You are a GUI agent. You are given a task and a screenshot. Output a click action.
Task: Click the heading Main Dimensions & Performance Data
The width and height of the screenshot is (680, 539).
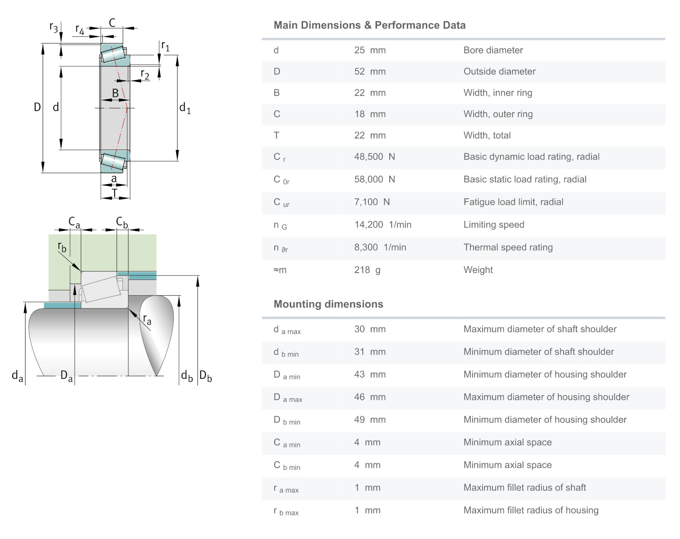pos(369,25)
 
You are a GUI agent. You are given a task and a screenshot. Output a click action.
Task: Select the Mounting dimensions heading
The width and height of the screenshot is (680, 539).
pos(328,304)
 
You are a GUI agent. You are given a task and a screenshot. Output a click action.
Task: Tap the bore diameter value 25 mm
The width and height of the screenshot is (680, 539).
pos(369,50)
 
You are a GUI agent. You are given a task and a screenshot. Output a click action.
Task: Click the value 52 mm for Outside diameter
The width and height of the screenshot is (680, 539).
pos(369,71)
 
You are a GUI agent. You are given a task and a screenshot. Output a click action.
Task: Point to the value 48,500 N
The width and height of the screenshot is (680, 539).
pos(374,157)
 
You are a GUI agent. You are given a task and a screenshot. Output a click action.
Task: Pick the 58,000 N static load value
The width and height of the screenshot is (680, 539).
pos(374,179)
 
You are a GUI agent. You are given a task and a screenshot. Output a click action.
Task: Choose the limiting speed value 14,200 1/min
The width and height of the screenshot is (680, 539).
pos(383,225)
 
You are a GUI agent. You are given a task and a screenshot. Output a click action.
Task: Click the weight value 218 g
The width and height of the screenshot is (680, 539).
pos(367,270)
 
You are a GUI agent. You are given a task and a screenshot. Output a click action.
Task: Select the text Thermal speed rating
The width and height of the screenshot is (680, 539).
pos(508,247)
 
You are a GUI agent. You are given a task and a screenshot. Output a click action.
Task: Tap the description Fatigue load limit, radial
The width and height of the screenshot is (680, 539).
pos(513,202)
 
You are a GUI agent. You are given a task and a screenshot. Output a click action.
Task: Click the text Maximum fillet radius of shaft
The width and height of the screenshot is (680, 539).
pos(524,487)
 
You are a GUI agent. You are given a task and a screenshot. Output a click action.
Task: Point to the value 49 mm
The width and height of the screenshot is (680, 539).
pos(369,420)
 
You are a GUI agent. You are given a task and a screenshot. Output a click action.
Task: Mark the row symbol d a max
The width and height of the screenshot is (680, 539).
pos(287,330)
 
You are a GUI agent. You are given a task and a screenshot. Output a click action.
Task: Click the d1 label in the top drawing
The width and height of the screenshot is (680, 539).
pos(185,108)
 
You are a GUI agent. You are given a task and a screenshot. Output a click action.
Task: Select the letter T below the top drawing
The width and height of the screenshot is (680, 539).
pos(115,193)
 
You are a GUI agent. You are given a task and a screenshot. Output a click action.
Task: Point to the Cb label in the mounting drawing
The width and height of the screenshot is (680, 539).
pos(122,222)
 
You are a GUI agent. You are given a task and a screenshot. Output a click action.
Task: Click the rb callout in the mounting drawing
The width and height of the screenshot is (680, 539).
pos(62,247)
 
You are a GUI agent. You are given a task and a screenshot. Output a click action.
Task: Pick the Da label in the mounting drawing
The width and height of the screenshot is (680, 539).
pos(66,377)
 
